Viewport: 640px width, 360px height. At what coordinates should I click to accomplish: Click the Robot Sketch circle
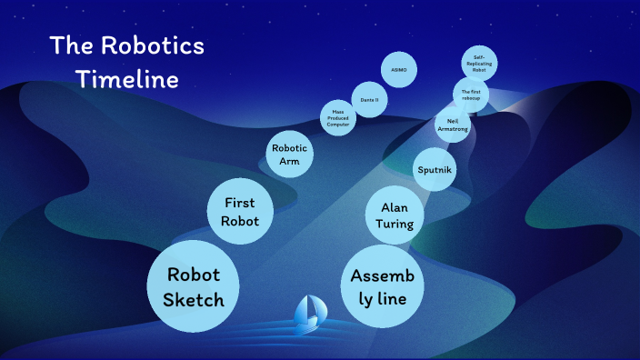point(193,286)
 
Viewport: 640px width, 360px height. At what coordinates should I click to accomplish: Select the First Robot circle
point(241,211)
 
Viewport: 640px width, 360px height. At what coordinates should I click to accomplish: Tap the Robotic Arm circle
point(291,155)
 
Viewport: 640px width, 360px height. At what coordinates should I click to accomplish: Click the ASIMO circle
point(398,69)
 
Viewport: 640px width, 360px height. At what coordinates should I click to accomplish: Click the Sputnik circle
point(435,170)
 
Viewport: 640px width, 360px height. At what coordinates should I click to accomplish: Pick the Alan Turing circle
point(395,215)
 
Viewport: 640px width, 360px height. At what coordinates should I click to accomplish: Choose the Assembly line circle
point(383,286)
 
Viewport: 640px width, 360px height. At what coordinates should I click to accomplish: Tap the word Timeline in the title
point(127,79)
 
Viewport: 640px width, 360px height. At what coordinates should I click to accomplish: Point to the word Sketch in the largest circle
point(193,299)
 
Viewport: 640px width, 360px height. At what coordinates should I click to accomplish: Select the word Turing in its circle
point(395,225)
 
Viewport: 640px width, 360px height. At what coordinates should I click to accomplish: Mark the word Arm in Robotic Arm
point(291,163)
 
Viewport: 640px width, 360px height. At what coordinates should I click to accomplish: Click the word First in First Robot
point(241,202)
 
